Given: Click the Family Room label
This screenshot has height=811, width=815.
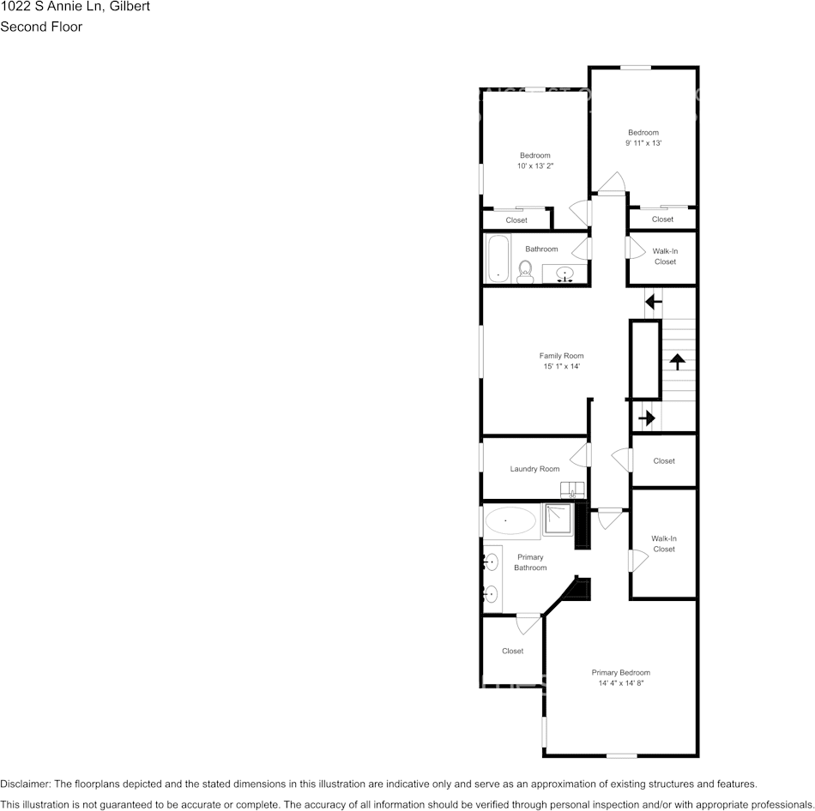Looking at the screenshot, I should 561,356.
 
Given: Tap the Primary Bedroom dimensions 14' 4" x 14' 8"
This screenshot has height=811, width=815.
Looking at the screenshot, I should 620,683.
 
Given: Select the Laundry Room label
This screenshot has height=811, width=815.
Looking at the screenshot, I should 534,469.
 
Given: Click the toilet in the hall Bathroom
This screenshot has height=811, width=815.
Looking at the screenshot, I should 525,272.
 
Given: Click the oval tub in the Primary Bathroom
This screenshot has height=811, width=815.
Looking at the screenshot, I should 510,520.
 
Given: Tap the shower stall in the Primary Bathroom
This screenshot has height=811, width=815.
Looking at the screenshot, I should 557,520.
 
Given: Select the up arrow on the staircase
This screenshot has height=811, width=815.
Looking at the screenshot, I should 678,361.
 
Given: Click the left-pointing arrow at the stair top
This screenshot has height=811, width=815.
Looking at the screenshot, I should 654,301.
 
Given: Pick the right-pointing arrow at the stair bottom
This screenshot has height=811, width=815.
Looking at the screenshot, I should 647,418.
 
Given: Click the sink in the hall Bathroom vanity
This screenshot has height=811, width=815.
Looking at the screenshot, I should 564,274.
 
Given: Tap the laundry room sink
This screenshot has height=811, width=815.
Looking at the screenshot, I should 572,490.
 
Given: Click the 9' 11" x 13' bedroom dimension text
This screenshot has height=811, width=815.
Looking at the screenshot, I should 643,144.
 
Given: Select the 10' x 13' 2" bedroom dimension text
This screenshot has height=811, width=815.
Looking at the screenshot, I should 534,166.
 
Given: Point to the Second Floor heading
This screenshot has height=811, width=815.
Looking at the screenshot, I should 41,27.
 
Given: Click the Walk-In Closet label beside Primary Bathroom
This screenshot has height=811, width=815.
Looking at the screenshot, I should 664,544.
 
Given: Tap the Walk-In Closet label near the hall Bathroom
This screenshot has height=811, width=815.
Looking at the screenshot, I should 665,256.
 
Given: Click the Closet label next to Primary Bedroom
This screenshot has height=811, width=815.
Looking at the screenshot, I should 512,651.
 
